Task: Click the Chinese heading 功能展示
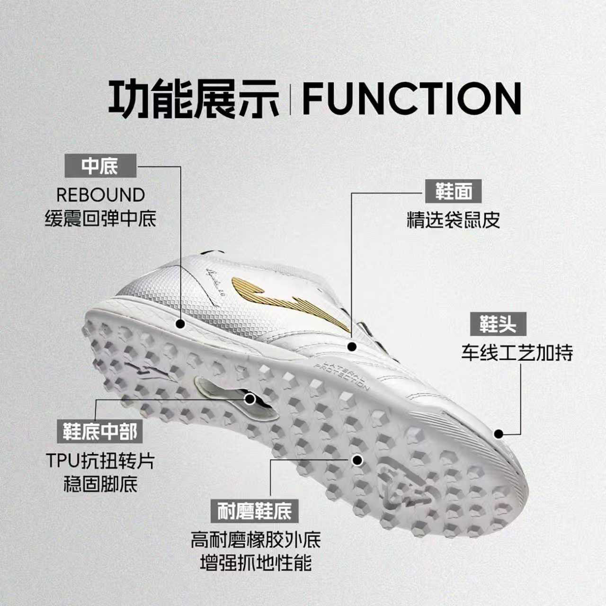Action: [x=194, y=98]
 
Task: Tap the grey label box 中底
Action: [x=100, y=166]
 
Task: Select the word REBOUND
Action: [x=100, y=195]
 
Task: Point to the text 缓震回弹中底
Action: [x=100, y=219]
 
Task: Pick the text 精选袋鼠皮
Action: [x=454, y=220]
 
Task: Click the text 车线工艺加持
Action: [x=517, y=353]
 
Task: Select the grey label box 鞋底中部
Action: [x=100, y=431]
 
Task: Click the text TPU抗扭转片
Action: [x=100, y=461]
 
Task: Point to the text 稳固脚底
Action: [x=100, y=485]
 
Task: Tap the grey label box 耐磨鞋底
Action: [x=255, y=511]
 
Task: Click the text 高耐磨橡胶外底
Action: [x=256, y=540]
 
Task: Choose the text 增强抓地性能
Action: [x=256, y=563]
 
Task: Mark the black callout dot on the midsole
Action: [x=180, y=324]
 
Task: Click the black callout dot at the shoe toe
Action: [x=498, y=434]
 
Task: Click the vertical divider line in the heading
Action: [x=291, y=98]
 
